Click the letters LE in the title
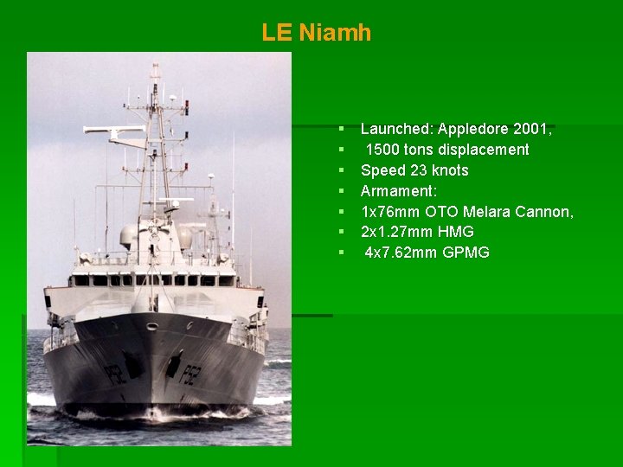coord(277,33)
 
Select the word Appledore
coord(473,129)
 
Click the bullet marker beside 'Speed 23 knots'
coord(342,170)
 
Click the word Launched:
coord(396,129)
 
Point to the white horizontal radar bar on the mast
coord(114,130)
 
